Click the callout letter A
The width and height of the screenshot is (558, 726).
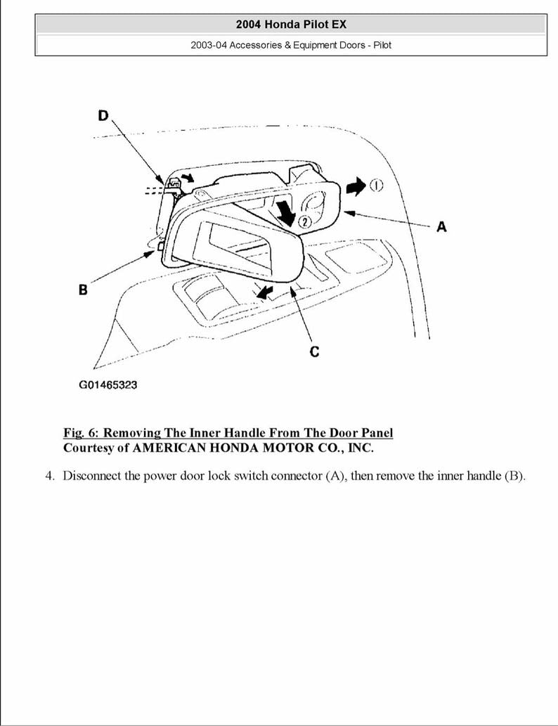click(x=441, y=226)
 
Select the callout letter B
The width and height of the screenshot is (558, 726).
click(x=83, y=289)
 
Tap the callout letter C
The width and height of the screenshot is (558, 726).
click(x=314, y=351)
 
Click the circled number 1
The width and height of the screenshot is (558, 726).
click(x=376, y=186)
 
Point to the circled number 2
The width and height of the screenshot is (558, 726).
click(x=304, y=221)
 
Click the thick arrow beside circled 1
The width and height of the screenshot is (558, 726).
click(x=356, y=187)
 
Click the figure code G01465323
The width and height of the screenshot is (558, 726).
click(x=108, y=386)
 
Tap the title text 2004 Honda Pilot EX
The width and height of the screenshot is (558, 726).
click(x=290, y=24)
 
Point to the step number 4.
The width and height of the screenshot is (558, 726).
click(x=50, y=476)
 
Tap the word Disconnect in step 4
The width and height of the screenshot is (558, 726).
click(x=92, y=476)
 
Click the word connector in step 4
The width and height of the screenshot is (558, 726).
click(x=293, y=476)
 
